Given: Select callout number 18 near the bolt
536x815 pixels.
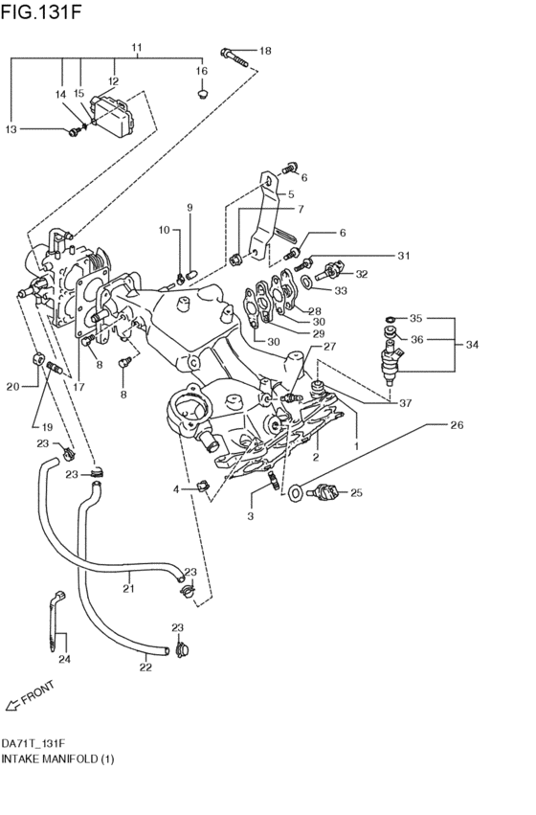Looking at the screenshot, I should coord(265,51).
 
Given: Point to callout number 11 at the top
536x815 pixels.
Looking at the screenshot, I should coord(137,47).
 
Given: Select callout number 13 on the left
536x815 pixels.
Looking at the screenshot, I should coord(12,129).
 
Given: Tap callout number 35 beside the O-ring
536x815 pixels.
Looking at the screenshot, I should coord(415,318).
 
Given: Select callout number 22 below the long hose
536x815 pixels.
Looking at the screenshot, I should coord(145,668).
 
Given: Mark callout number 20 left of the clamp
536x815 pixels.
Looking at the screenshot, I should coord(12,386).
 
